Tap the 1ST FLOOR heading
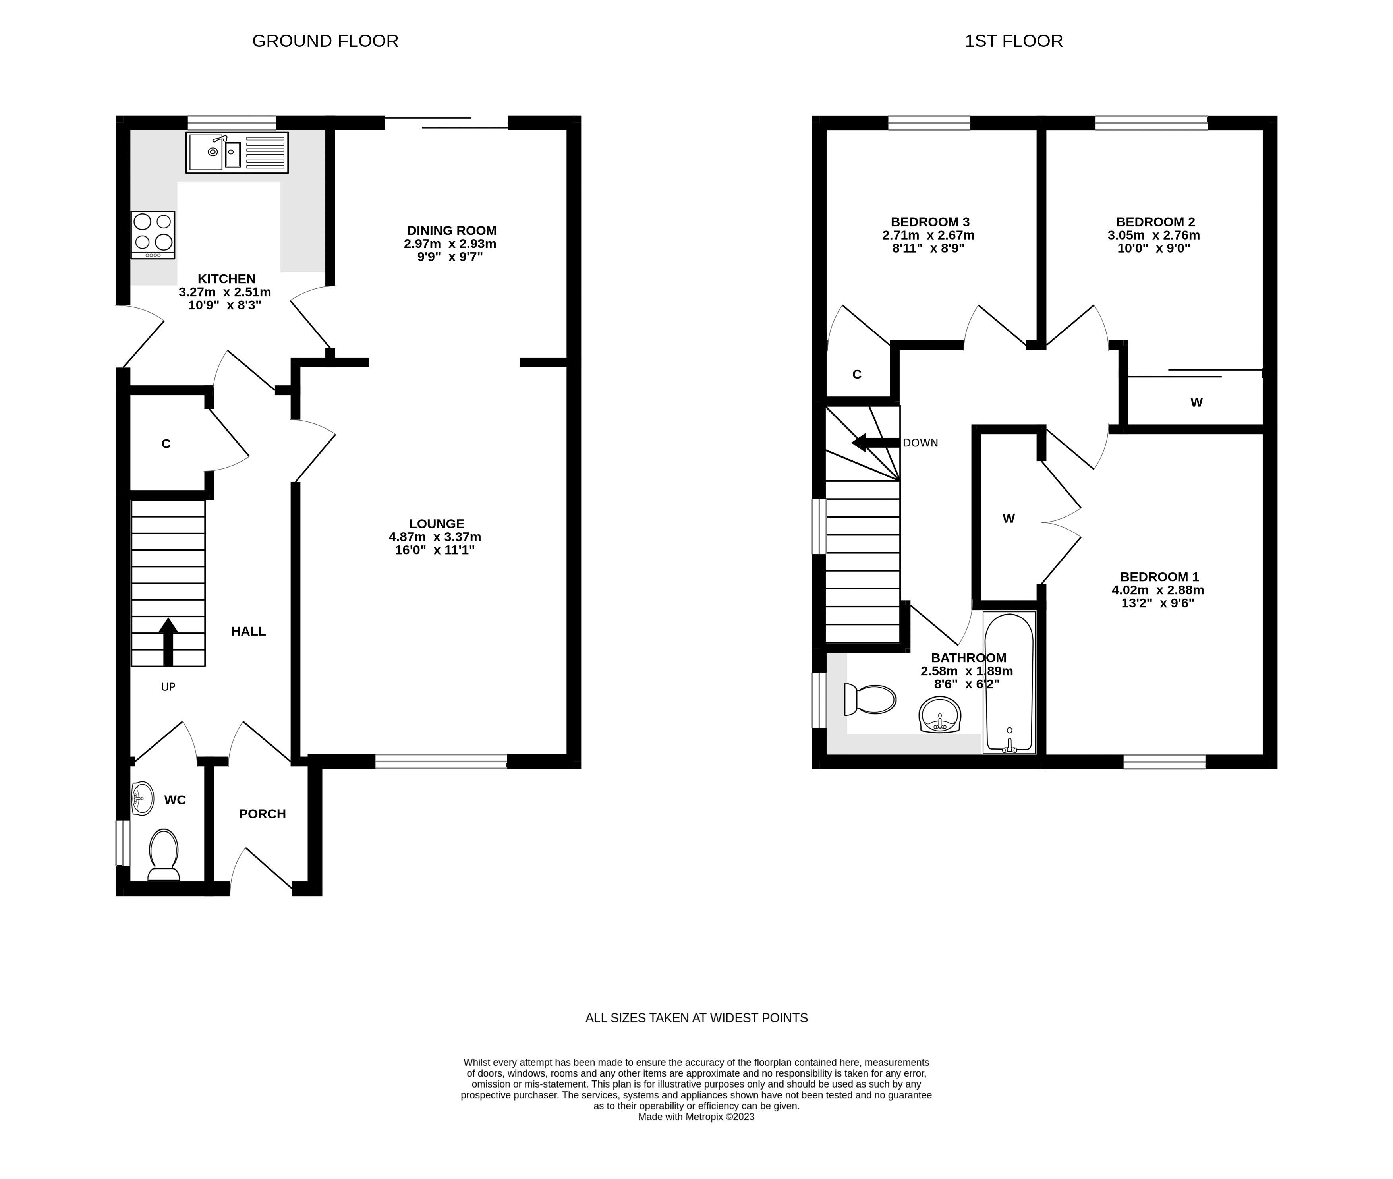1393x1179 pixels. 1013,41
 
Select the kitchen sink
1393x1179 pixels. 237,153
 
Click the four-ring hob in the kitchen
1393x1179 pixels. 153,235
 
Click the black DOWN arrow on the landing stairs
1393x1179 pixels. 875,443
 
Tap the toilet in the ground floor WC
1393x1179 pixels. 163,855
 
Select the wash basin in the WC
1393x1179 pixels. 142,799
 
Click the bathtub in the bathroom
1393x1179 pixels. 1009,683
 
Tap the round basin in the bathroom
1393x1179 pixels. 940,715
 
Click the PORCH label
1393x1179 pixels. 262,814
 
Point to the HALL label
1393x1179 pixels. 249,631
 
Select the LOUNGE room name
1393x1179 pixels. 437,524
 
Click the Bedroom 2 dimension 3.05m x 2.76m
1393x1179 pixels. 1154,235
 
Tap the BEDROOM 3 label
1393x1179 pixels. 930,222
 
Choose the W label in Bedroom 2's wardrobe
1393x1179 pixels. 1196,402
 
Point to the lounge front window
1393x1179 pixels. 441,761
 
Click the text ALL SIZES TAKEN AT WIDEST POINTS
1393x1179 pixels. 697,1018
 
